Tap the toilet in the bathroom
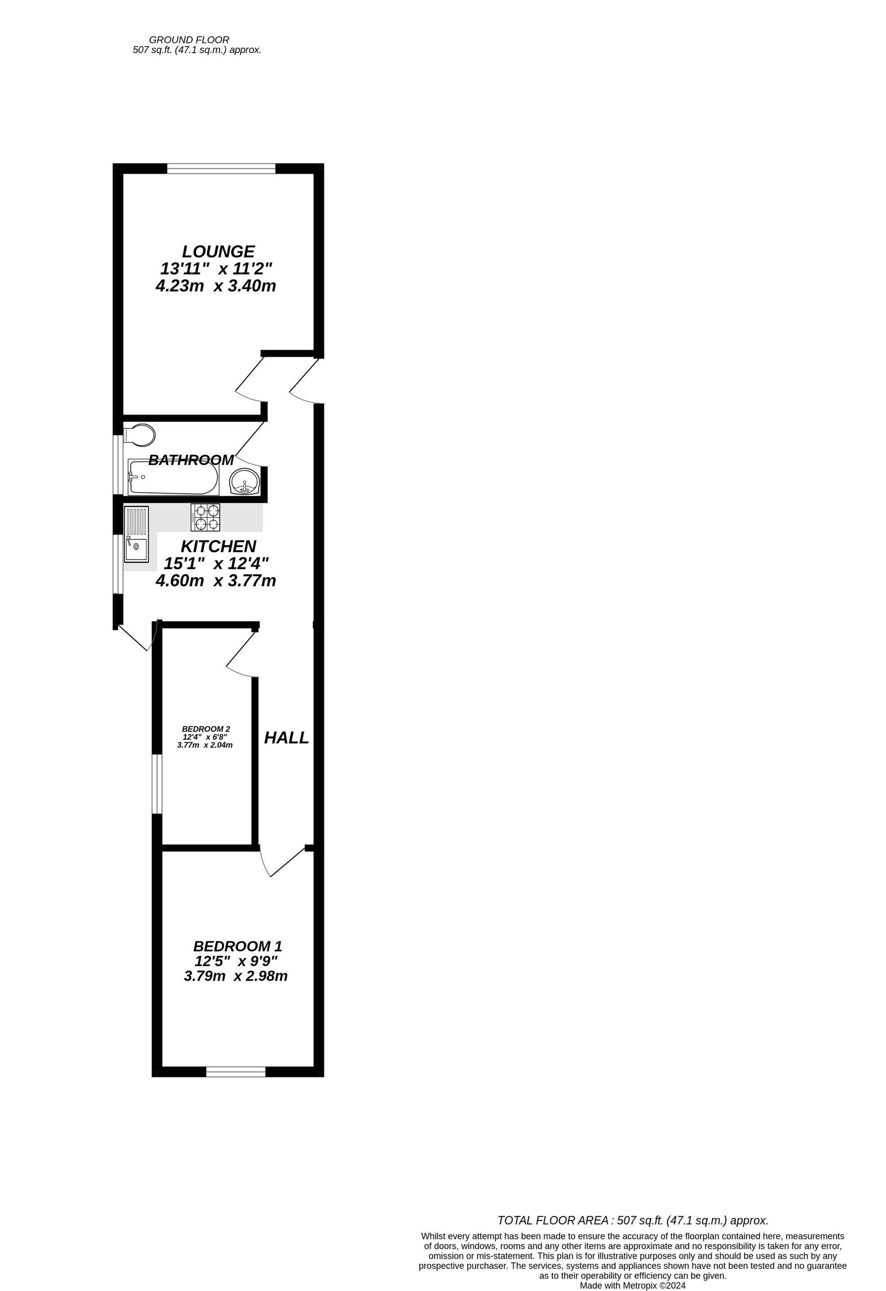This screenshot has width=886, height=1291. coord(140,436)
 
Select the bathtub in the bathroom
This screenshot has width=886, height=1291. coord(173,477)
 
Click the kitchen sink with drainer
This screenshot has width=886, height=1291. coord(136,533)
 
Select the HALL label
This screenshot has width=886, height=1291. coord(286,738)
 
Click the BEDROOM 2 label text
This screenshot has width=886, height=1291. coord(206,729)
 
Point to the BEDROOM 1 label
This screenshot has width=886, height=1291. coord(238,945)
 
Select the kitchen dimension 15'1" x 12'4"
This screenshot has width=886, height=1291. coord(216,563)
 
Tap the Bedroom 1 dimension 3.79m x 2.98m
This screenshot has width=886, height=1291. coord(236,976)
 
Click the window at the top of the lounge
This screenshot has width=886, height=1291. coord(221,168)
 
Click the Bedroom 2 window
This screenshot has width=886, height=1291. coord(157,784)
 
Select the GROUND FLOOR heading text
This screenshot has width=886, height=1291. coord(189,40)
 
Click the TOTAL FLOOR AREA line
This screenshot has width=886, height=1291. coord(633,1221)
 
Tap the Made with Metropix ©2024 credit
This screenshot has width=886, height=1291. coord(633,1285)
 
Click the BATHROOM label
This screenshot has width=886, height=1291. coord(191,460)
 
